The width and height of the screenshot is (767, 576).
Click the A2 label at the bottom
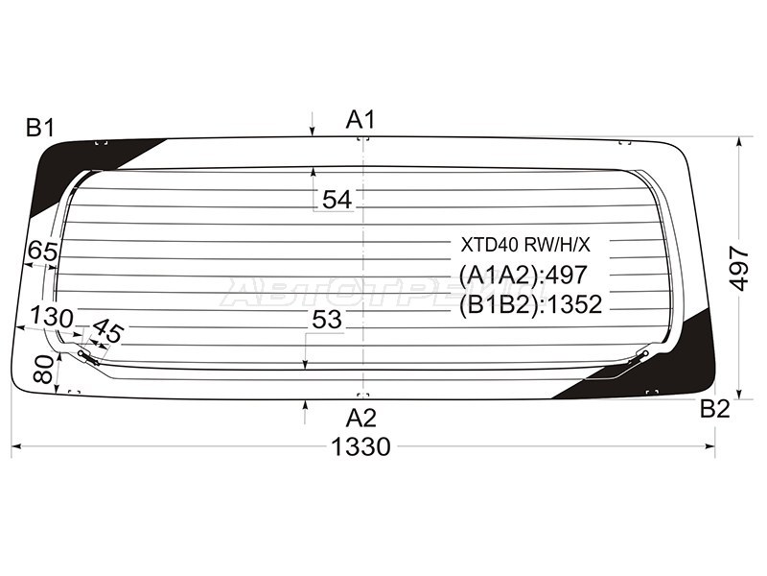click(x=360, y=418)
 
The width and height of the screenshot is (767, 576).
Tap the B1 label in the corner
click(x=41, y=127)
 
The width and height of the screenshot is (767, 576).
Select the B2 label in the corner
click(x=714, y=409)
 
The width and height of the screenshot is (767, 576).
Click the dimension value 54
click(x=337, y=200)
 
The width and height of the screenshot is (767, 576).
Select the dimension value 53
click(x=327, y=321)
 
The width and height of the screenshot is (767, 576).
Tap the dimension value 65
click(x=42, y=252)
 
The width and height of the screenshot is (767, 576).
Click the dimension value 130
click(x=51, y=317)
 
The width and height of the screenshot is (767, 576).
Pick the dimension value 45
click(x=108, y=333)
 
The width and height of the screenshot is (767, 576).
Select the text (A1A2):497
click(x=523, y=275)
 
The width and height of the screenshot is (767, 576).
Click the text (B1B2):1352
click(x=530, y=305)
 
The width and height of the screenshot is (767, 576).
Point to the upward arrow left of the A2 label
click(x=305, y=411)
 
